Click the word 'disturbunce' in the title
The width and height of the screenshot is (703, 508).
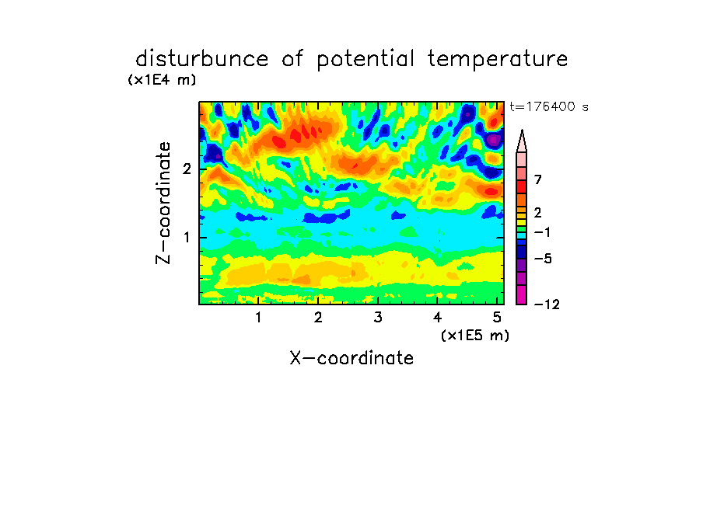click(201, 59)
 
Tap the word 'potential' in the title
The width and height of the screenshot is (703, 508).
click(365, 60)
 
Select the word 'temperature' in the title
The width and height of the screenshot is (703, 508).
click(497, 60)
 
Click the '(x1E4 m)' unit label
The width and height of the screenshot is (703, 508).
click(162, 80)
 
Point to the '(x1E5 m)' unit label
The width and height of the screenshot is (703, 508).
click(475, 335)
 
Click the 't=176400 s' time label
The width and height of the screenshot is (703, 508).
click(549, 106)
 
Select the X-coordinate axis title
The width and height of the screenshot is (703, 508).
click(351, 358)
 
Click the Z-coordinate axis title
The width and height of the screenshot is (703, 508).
click(163, 203)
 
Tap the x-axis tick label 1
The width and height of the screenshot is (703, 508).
click(258, 317)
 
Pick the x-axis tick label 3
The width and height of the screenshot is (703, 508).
click(377, 317)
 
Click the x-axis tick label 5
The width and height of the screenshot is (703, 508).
click(497, 317)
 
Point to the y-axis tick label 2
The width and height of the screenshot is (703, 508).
click(187, 169)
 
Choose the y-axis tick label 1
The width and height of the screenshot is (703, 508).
click(187, 237)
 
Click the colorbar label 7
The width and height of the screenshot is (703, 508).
click(538, 179)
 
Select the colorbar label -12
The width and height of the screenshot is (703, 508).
click(547, 304)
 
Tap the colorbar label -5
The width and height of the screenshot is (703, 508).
click(543, 259)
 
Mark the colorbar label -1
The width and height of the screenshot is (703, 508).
click(542, 232)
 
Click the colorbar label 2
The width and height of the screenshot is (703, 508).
click(538, 212)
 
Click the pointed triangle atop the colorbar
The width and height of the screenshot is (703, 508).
click(522, 141)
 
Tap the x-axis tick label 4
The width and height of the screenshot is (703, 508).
click(437, 317)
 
